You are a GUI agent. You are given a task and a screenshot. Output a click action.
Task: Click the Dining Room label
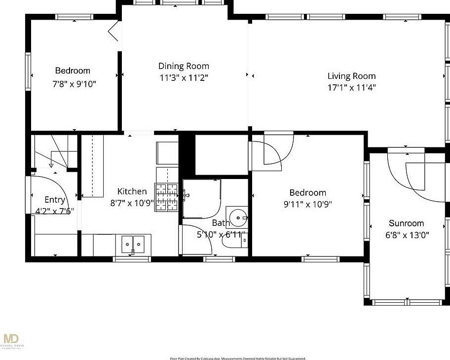tap(184, 66)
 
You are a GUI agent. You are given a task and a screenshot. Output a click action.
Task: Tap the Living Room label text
tap(351, 76)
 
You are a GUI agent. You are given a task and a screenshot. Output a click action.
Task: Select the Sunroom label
tap(406, 223)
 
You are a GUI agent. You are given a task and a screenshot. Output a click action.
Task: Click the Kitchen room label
tap(132, 191)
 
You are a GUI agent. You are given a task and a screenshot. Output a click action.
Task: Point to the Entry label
tap(55, 200)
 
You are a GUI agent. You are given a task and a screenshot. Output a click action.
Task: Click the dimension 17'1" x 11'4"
tap(351, 88)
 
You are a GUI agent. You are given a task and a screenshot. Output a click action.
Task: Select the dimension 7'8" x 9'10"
tap(74, 83)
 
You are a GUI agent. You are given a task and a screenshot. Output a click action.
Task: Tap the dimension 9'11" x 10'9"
tap(307, 204)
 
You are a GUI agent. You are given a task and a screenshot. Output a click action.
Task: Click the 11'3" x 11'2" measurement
tap(184, 78)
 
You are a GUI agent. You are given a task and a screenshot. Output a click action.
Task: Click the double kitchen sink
tap(133, 244)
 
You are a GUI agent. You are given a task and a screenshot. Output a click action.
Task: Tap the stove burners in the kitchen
tap(168, 197)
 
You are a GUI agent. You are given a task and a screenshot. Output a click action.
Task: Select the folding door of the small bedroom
tap(114, 31)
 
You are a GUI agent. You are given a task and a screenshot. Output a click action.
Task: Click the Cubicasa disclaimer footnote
tap(238, 358)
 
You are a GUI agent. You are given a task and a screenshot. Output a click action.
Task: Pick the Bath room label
tap(221, 223)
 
